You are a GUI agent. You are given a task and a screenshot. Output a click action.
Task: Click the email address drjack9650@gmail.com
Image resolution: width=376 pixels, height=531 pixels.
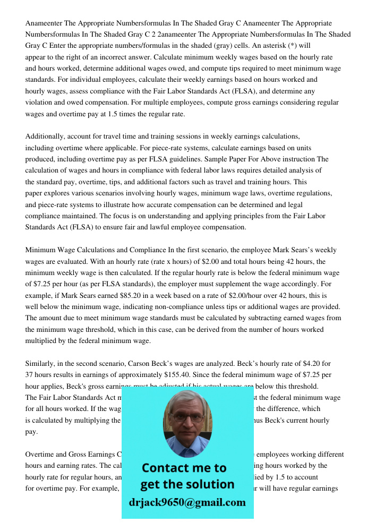coord(187,502)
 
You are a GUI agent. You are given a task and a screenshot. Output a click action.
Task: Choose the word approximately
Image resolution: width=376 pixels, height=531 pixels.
coord(121,375)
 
